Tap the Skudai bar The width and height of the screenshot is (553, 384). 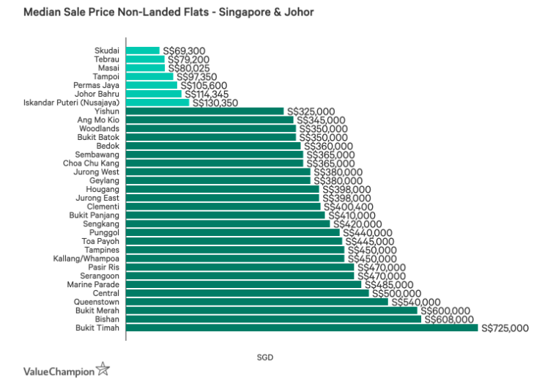[x=143, y=51]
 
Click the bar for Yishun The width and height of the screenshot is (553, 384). [x=205, y=111]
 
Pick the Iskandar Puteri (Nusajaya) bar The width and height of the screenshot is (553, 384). [x=157, y=103]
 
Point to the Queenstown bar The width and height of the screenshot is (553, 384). [x=257, y=301]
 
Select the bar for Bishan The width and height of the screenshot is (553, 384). [x=273, y=319]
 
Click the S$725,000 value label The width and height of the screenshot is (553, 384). [x=504, y=328]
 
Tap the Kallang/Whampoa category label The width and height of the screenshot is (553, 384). [x=86, y=258]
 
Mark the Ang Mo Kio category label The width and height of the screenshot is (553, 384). [x=99, y=120]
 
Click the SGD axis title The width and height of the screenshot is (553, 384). [x=265, y=357]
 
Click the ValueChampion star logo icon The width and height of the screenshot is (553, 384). [x=103, y=369]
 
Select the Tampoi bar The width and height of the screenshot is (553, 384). [x=149, y=76]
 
